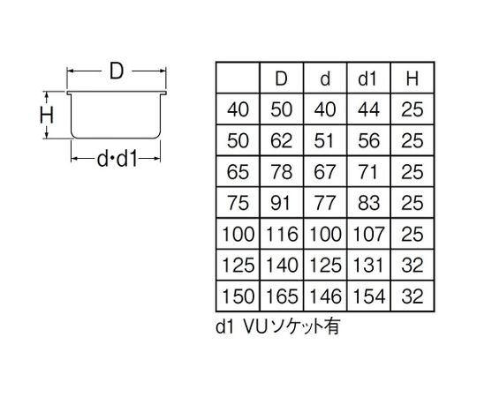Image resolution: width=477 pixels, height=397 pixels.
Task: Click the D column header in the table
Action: [x=282, y=79]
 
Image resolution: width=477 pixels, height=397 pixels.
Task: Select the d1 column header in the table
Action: [x=368, y=79]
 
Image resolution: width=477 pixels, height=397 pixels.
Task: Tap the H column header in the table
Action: [x=412, y=79]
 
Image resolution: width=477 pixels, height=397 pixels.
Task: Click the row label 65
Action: [x=238, y=171]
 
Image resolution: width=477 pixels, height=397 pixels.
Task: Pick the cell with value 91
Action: [x=282, y=202]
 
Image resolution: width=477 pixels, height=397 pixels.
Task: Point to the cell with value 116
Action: [x=282, y=233]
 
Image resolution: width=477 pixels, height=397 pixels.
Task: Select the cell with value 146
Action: [x=325, y=294]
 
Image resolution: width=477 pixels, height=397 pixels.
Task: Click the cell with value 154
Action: [x=368, y=294]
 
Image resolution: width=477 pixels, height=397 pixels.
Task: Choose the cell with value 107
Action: [x=368, y=233]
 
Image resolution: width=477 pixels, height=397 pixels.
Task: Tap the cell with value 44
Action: [x=368, y=110]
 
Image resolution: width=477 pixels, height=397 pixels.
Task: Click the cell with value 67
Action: [x=325, y=171]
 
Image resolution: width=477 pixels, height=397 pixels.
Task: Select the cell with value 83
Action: [x=368, y=202]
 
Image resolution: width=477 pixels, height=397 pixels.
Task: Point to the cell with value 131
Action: [x=368, y=264]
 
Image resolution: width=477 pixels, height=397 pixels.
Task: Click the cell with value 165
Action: [x=282, y=294]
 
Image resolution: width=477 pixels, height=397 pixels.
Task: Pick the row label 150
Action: [x=238, y=294]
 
